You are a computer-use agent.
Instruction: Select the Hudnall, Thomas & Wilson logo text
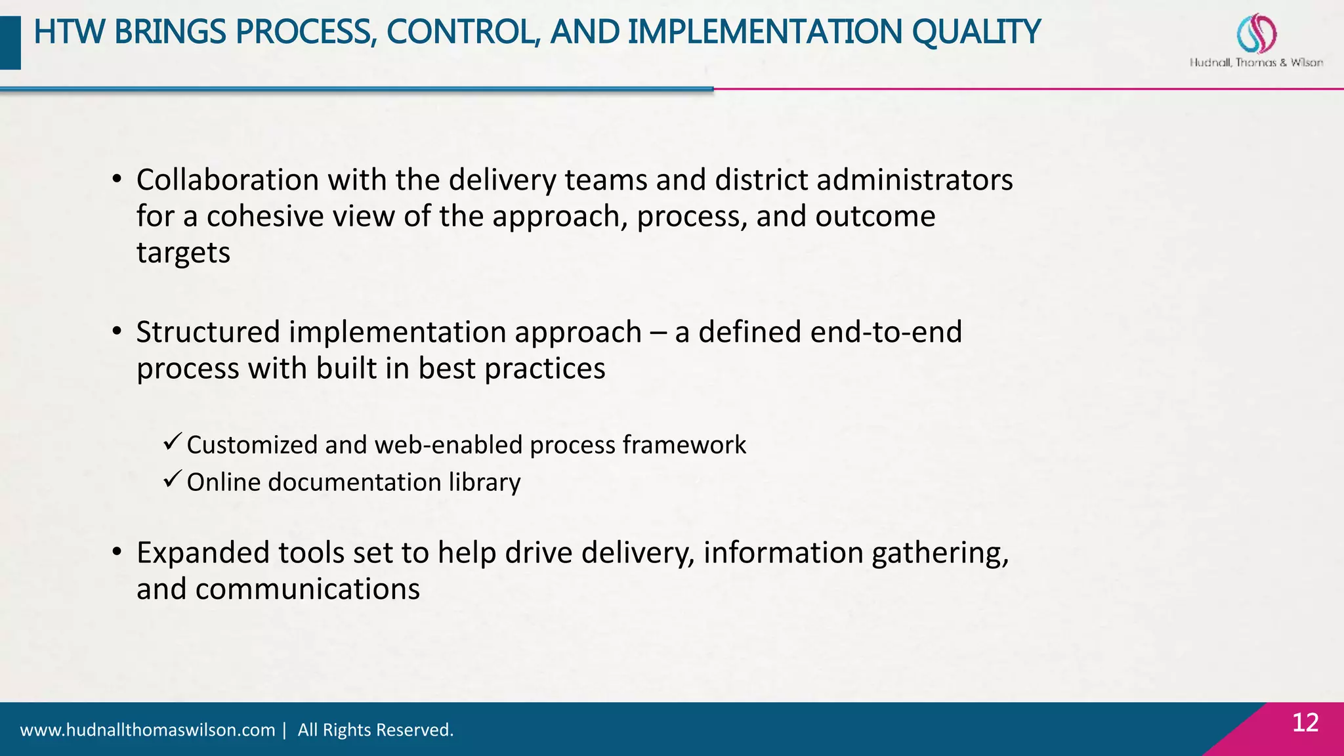point(1256,63)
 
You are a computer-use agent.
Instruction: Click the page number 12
point(1305,723)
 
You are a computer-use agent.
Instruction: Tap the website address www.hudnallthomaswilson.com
point(148,730)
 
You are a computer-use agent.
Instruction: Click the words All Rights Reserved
point(375,730)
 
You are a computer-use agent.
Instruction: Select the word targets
point(183,253)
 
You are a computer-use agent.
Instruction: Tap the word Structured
point(208,332)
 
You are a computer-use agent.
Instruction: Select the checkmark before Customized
point(172,443)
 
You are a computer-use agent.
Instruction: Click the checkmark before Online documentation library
point(172,480)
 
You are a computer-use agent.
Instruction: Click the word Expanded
point(203,553)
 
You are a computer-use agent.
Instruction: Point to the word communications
point(307,589)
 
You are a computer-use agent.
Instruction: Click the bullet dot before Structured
point(117,332)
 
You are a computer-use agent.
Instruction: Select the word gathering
point(939,553)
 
